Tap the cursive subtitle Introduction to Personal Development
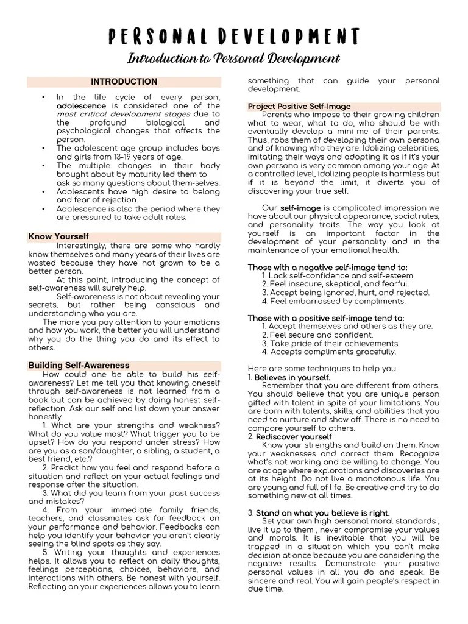[x=234, y=59]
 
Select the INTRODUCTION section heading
[x=124, y=82]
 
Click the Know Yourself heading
[x=58, y=236]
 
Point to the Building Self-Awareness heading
[x=79, y=365]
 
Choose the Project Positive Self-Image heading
[x=299, y=106]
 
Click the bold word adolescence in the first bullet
[x=81, y=105]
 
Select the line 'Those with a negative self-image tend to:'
[x=328, y=267]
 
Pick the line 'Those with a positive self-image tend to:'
[x=326, y=317]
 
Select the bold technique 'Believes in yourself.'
[x=292, y=377]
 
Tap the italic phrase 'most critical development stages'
[x=125, y=113]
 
